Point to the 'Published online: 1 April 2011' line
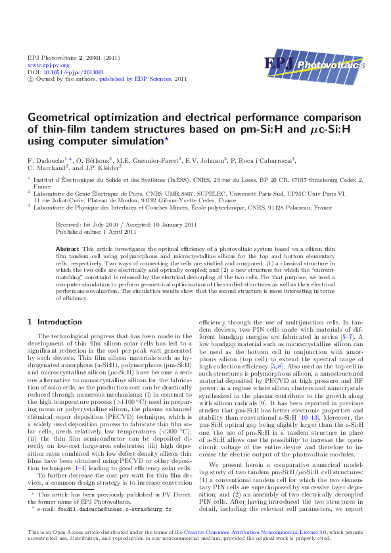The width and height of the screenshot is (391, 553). click(x=97, y=231)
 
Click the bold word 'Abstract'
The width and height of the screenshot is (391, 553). click(x=68, y=250)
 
